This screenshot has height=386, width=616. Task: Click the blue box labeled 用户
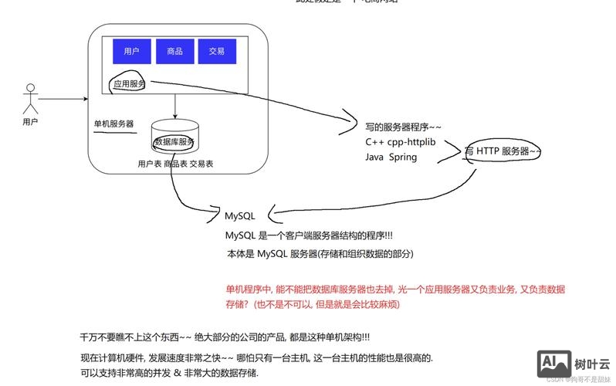[131, 51]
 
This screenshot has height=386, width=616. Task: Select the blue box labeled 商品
[174, 51]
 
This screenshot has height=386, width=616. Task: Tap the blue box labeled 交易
[216, 51]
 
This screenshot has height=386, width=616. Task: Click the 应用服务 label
[129, 83]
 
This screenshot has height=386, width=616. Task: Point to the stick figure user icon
[30, 99]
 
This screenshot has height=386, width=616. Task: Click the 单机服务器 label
[113, 124]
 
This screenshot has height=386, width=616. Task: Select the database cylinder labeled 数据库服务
[175, 137]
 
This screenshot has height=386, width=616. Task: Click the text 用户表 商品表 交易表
[175, 164]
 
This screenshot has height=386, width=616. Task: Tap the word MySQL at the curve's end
[239, 216]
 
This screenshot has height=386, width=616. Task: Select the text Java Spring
[391, 157]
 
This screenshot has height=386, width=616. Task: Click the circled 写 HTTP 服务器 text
[502, 151]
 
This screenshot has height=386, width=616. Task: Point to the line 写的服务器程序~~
[404, 127]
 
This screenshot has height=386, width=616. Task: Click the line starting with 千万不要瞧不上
[225, 337]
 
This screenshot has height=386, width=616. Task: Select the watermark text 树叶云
[592, 363]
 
